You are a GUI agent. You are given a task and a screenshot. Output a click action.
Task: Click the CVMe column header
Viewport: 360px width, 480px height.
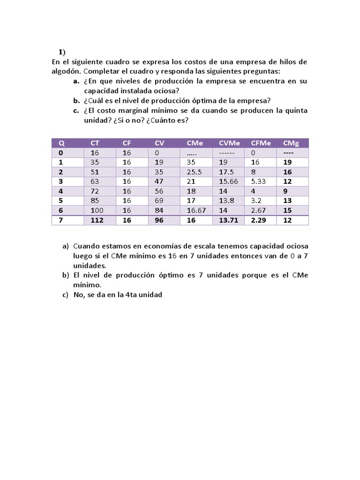(229, 143)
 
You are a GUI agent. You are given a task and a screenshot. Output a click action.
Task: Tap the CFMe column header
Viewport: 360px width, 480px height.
(261, 143)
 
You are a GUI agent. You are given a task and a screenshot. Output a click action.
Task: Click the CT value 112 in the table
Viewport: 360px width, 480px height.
(97, 220)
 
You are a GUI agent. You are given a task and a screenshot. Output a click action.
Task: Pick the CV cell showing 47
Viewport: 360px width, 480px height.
(159, 181)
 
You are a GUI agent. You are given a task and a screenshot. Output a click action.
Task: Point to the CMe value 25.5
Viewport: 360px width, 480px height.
(194, 172)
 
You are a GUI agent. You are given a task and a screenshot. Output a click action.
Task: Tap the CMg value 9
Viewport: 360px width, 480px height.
(285, 191)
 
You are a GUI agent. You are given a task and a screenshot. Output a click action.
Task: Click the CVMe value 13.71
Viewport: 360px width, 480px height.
(228, 220)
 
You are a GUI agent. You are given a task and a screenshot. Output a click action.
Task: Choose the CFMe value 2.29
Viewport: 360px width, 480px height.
(259, 220)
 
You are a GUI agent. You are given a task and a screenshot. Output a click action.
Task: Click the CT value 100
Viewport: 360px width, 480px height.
(97, 210)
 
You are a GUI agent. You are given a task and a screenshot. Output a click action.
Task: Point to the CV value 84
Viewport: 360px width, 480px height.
(159, 210)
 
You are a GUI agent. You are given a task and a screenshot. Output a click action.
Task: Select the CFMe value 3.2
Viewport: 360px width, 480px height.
(256, 201)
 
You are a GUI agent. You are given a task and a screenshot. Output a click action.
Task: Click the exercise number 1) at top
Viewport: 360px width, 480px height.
(62, 52)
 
